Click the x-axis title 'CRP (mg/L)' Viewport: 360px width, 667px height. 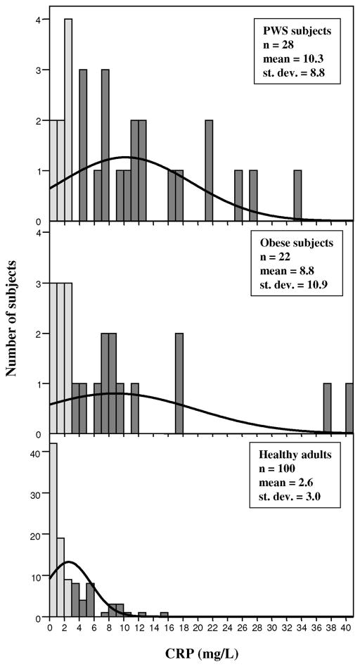[x=201, y=652]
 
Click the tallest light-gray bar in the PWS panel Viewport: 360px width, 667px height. [x=68, y=120]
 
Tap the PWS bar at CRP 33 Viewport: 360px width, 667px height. [x=298, y=196]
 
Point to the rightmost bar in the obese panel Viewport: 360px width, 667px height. [x=349, y=408]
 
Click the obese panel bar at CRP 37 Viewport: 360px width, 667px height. [x=328, y=408]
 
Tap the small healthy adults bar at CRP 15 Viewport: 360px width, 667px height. [x=165, y=615]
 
